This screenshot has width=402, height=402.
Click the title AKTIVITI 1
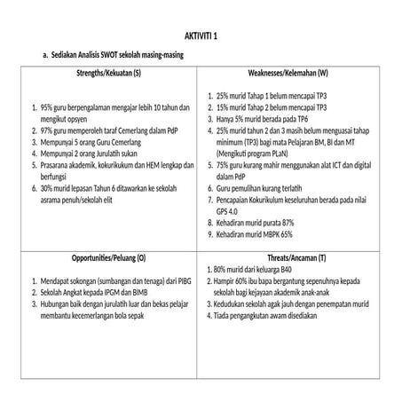tap(201, 35)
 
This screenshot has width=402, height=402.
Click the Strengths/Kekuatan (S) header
tap(108, 73)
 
